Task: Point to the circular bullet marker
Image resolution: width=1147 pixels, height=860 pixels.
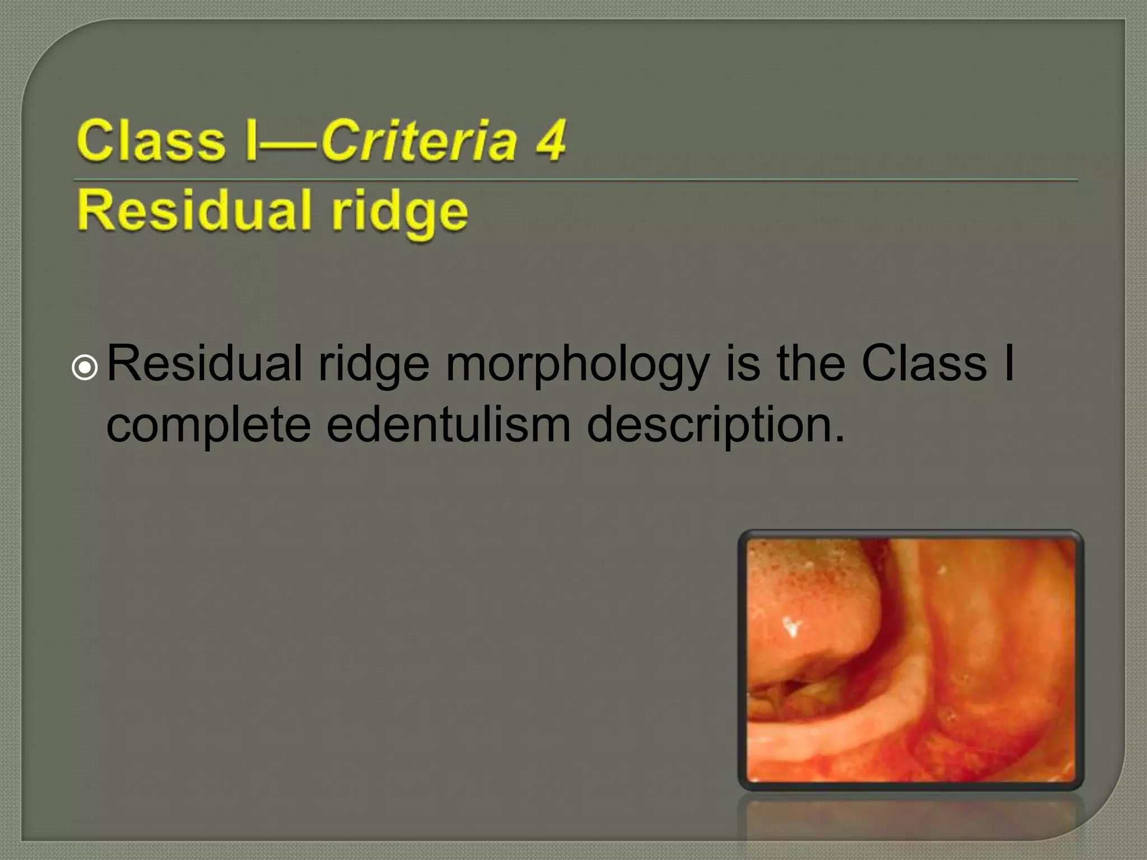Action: pyautogui.click(x=85, y=368)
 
